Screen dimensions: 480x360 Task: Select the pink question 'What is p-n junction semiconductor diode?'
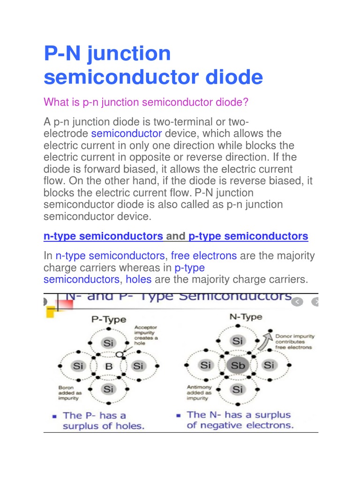146,102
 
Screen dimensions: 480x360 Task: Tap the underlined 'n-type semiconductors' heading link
103,236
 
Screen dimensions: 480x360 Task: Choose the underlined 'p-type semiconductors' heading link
248,236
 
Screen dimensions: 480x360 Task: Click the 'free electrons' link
203,256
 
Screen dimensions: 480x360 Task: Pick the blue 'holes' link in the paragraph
138,280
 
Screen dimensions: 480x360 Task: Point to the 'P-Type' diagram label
109,320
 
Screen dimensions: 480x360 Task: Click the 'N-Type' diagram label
246,317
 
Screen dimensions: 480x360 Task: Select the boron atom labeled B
109,366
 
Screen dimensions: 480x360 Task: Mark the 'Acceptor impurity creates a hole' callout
146,335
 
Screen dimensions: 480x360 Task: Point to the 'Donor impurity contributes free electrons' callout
295,342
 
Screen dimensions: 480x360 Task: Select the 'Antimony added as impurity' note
199,393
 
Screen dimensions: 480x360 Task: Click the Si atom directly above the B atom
109,343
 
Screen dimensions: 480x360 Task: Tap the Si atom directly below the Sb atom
238,389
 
